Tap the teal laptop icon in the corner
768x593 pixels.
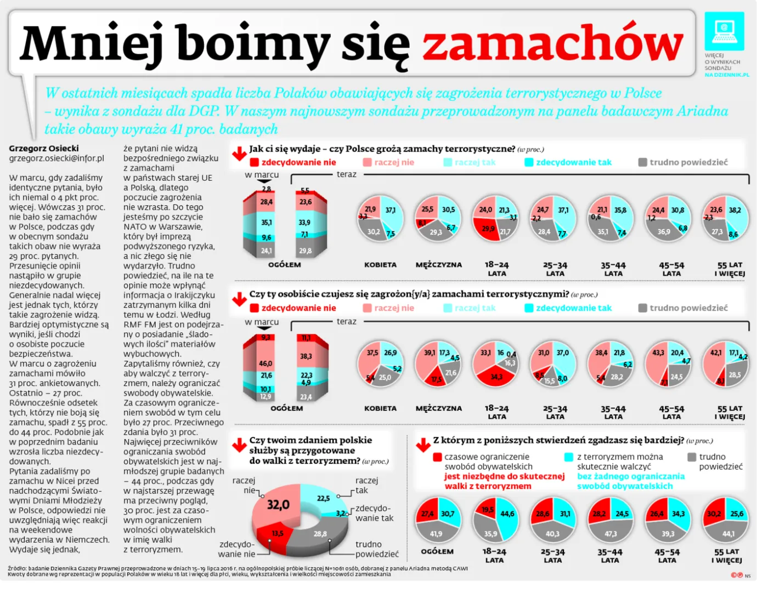click(x=724, y=31)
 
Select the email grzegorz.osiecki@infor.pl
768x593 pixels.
click(x=57, y=158)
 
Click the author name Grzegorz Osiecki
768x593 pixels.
click(x=44, y=149)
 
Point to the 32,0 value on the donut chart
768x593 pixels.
click(x=278, y=504)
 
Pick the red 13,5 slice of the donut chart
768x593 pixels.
click(x=277, y=533)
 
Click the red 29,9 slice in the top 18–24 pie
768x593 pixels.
click(x=487, y=229)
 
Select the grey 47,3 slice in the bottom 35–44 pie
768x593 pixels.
click(x=610, y=533)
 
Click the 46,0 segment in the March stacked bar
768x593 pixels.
click(x=266, y=363)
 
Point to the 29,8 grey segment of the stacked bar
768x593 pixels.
click(x=306, y=250)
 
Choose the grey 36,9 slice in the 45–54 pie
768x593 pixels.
click(x=664, y=232)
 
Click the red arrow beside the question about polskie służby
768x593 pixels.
click(x=239, y=445)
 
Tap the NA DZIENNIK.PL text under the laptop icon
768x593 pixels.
click(x=726, y=75)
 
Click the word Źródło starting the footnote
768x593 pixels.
click(x=17, y=568)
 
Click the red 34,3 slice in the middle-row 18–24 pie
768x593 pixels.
click(x=496, y=377)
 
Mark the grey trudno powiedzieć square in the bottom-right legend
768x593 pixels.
click(x=692, y=457)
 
